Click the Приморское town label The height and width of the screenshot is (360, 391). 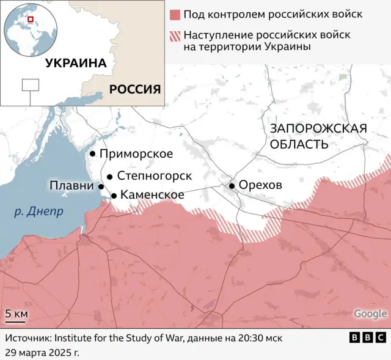[136, 154]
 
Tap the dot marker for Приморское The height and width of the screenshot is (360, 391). [92, 154]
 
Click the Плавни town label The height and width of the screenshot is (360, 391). [71, 186]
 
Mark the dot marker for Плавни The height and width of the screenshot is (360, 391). [101, 186]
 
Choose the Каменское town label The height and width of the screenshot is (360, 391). [153, 195]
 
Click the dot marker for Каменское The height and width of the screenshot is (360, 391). [114, 196]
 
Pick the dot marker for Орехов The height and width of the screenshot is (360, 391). [232, 185]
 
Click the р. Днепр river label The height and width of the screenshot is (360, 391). [38, 212]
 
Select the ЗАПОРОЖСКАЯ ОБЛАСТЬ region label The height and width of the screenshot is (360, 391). [318, 136]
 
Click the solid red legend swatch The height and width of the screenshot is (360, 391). [175, 14]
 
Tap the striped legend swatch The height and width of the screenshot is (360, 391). [175, 35]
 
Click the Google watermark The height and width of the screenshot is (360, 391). [370, 314]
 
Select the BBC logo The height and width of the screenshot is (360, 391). [367, 337]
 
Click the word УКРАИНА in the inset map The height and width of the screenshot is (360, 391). [76, 63]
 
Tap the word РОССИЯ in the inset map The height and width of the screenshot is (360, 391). [135, 89]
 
